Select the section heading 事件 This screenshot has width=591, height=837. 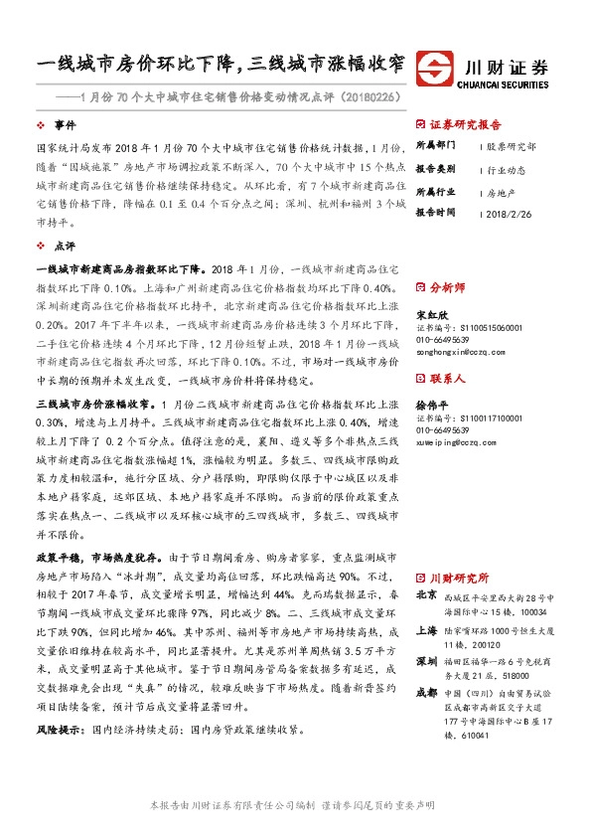65,126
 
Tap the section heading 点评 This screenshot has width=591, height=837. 65,244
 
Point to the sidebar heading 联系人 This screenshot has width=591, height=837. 446,379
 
